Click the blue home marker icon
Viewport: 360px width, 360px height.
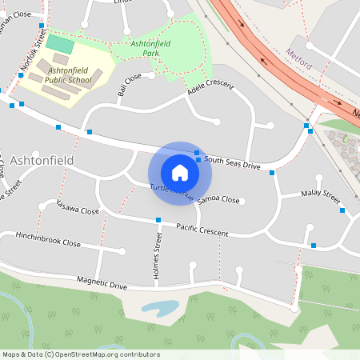(x=180, y=172)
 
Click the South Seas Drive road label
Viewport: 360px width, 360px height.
(x=232, y=163)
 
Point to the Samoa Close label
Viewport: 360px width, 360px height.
(x=218, y=199)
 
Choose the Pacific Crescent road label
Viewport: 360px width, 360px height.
(x=202, y=230)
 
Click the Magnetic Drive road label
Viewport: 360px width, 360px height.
(x=102, y=282)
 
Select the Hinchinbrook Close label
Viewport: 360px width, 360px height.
(x=49, y=238)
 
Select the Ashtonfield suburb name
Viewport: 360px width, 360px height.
(x=43, y=160)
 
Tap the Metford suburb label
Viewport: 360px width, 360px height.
(x=298, y=54)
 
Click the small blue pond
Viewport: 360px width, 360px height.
(x=159, y=307)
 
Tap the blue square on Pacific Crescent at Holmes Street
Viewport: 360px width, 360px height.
(x=159, y=220)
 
